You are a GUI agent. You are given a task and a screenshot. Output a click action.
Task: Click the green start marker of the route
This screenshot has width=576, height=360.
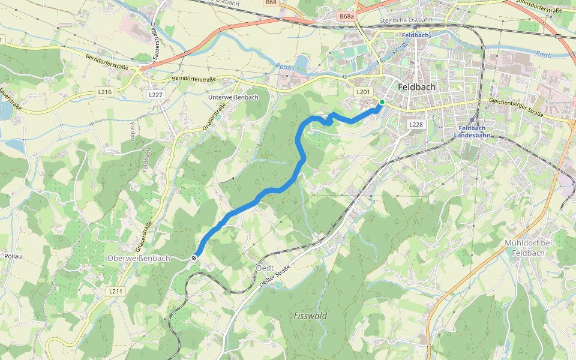(x=382, y=102)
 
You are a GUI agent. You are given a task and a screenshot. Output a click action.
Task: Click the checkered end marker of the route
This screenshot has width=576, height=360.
(x=194, y=257)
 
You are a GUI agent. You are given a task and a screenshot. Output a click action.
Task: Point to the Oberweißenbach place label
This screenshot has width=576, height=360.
(x=139, y=258)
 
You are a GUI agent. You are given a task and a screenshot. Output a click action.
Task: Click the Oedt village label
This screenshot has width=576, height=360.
(x=265, y=267)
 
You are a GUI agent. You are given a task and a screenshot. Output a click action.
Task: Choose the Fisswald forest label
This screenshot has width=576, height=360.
(x=311, y=316)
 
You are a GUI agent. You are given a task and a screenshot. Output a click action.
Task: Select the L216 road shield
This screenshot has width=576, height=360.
(x=104, y=92)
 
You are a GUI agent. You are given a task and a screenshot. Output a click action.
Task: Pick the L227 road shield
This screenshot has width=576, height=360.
(x=155, y=95)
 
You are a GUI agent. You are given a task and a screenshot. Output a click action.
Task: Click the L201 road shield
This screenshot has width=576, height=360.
(x=363, y=92)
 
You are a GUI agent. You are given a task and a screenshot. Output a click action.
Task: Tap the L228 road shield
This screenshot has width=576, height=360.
(x=416, y=124)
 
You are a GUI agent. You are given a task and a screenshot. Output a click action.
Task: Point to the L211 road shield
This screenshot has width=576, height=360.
(x=116, y=291)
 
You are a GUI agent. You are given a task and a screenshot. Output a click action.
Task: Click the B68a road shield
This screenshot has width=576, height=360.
(x=346, y=17)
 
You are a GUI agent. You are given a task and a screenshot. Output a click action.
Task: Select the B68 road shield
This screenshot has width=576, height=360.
(x=271, y=2)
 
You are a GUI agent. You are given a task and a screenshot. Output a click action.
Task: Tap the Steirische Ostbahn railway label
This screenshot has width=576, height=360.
(x=406, y=20)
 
